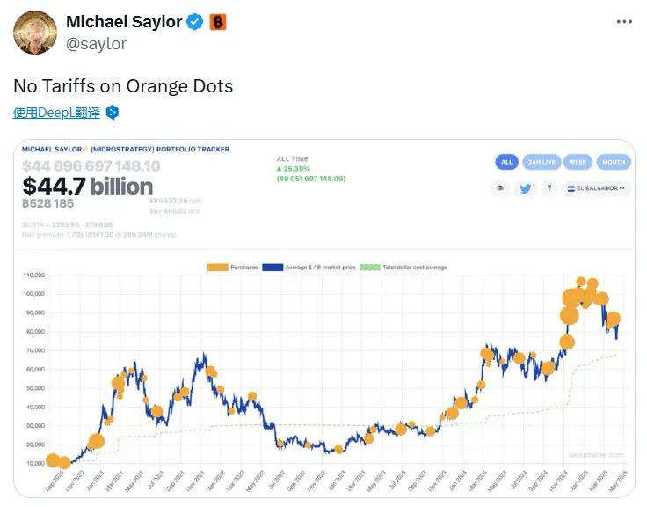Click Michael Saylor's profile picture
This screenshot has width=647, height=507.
[33, 33]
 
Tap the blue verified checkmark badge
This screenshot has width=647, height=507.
[195, 22]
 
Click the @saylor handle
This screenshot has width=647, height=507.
[96, 43]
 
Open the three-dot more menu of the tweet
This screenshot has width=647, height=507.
[624, 22]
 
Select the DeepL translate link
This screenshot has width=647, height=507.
[56, 113]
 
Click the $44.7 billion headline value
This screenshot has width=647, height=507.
[87, 186]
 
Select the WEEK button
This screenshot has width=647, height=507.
[578, 162]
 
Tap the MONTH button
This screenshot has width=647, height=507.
[614, 162]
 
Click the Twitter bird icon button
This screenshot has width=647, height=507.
[525, 188]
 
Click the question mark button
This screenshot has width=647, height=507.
[549, 188]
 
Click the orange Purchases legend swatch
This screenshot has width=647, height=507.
[217, 266]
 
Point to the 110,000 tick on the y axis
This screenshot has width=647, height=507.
[33, 275]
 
